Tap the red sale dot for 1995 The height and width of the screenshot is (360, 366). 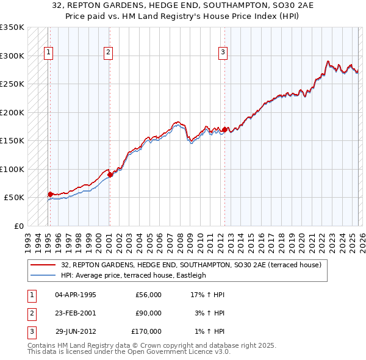[50, 194]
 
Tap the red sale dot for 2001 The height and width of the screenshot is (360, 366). [110, 175]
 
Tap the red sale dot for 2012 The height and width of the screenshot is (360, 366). [224, 129]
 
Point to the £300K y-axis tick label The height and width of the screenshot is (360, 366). [12, 56]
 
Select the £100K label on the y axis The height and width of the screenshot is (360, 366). [12, 169]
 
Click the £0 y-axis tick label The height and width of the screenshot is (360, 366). [18, 226]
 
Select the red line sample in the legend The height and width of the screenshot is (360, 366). [43, 265]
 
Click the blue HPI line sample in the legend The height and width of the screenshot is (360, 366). [43, 275]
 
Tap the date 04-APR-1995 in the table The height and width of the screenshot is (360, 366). [76, 295]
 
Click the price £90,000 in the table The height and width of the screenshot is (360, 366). [148, 313]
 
